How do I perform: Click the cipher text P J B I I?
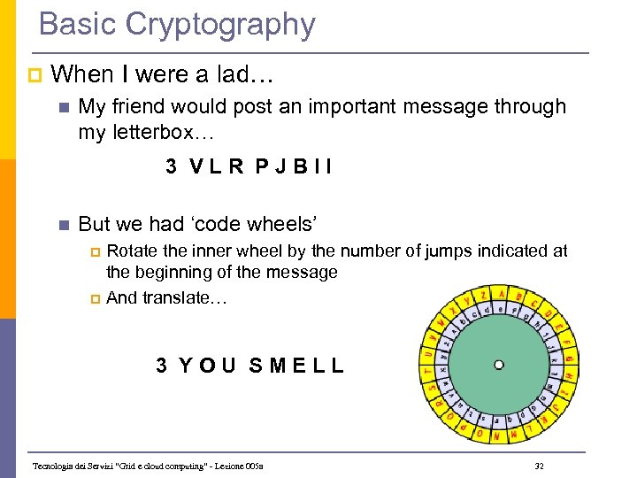[295, 166]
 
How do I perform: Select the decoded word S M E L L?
[296, 365]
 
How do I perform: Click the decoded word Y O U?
[207, 365]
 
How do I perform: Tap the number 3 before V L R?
[171, 166]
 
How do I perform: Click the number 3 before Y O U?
[162, 365]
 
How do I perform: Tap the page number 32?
[540, 466]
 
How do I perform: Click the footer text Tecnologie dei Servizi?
[76, 466]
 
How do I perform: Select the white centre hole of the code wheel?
[499, 364]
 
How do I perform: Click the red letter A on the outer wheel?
[502, 294]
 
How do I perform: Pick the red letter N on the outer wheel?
[496, 436]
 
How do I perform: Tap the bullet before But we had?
[61, 225]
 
